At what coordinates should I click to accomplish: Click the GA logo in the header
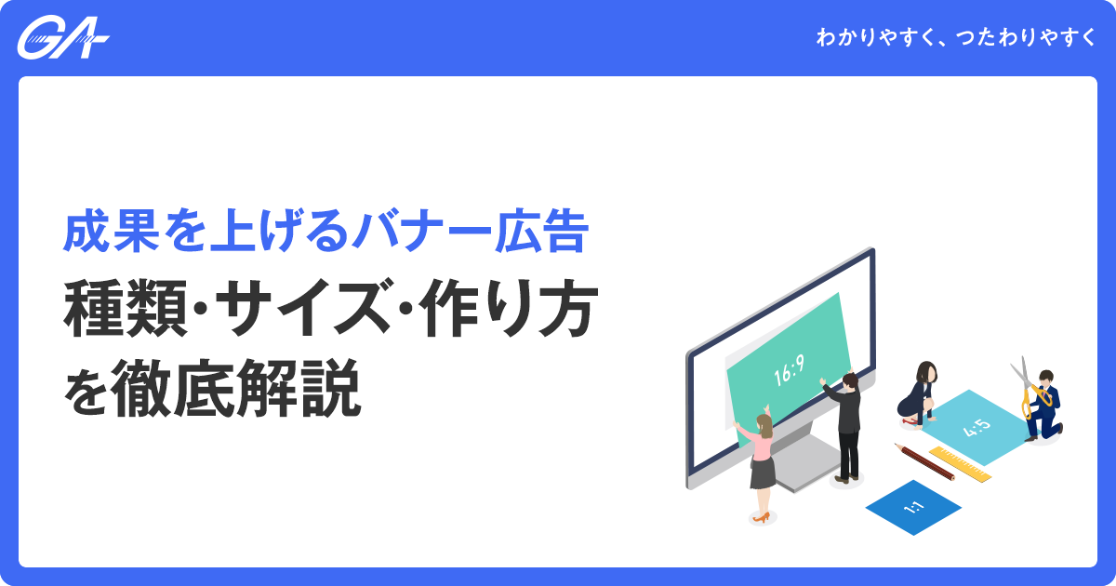point(63,38)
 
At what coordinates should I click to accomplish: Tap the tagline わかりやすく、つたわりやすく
point(955,39)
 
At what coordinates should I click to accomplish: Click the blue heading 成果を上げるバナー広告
point(325,234)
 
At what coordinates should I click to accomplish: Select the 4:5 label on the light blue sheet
point(977,428)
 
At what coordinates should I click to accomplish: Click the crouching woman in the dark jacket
point(919,393)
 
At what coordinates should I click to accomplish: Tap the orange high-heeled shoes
point(761,517)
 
